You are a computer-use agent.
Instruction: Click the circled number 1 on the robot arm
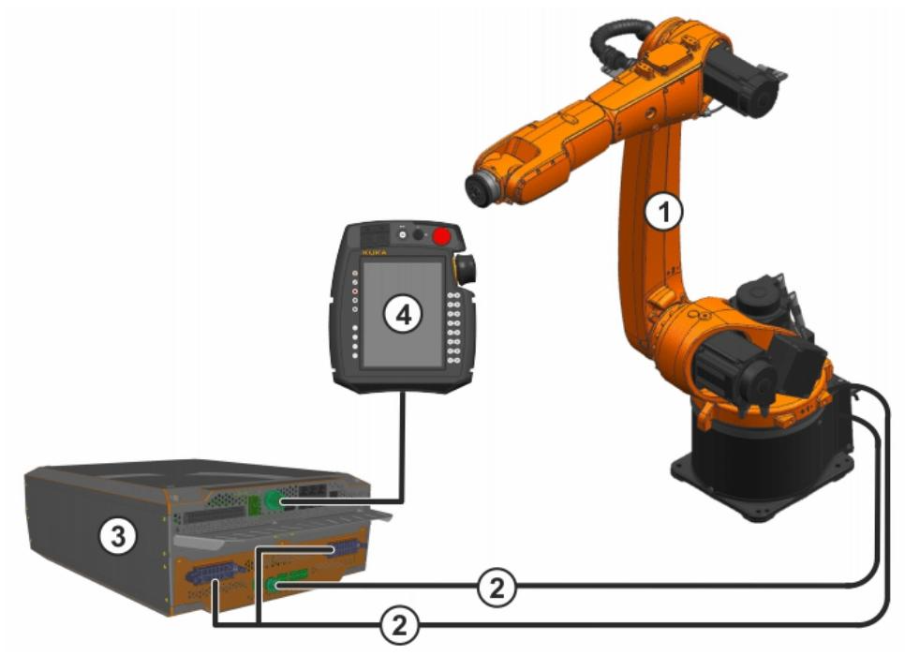pyautogui.click(x=663, y=212)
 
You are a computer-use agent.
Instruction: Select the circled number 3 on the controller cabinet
pyautogui.click(x=118, y=536)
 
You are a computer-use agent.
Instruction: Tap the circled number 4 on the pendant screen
pyautogui.click(x=403, y=315)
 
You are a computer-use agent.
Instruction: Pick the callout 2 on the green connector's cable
pyautogui.click(x=497, y=588)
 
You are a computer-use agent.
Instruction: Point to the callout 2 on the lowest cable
pyautogui.click(x=399, y=625)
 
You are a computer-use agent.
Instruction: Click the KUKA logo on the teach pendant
pyautogui.click(x=375, y=252)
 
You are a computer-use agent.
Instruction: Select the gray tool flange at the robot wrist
pyautogui.click(x=482, y=187)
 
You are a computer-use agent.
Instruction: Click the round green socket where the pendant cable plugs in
pyautogui.click(x=273, y=500)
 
